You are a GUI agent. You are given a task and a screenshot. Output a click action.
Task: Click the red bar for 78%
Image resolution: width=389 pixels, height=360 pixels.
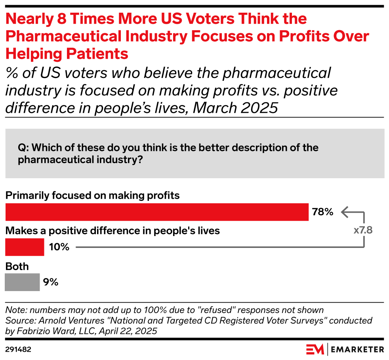click(x=157, y=212)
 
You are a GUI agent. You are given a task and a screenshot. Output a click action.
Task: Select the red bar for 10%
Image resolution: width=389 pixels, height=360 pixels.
click(x=25, y=247)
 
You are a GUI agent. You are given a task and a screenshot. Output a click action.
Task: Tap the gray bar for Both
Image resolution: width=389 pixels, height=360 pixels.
click(x=22, y=282)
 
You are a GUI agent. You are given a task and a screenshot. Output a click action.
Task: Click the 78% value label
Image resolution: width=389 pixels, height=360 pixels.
click(x=322, y=212)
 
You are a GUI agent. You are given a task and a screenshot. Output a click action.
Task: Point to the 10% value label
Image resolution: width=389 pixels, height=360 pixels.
click(x=59, y=247)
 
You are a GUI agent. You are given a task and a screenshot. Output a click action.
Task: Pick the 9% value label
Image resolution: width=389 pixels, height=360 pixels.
click(x=51, y=282)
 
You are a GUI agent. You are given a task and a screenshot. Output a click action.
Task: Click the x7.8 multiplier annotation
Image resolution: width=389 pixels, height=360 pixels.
click(x=363, y=230)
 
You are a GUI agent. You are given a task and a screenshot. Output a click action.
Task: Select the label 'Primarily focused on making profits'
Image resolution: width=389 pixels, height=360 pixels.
click(x=92, y=195)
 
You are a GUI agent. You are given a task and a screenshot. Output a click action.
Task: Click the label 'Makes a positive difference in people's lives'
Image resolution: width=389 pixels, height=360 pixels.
click(x=112, y=230)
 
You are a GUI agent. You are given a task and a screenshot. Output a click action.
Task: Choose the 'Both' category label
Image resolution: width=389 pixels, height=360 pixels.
click(x=17, y=266)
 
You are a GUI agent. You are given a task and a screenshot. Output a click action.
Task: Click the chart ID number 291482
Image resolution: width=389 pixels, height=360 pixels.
click(x=18, y=349)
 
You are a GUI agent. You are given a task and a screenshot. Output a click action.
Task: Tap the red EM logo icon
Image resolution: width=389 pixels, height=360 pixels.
click(x=315, y=349)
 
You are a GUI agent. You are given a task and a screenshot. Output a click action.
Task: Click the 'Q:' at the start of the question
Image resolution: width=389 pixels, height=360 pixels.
click(x=23, y=148)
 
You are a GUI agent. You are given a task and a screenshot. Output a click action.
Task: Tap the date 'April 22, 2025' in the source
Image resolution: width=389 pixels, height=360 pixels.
click(x=131, y=330)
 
